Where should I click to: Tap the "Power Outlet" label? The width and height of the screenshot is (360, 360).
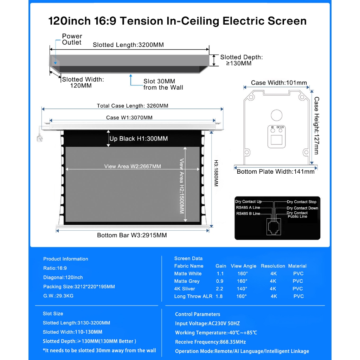[72, 39]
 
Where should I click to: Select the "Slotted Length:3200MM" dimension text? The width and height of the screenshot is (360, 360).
[128, 45]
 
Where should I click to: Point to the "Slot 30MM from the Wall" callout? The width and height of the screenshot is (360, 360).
[163, 84]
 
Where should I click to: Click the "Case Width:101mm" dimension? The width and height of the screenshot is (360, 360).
[279, 83]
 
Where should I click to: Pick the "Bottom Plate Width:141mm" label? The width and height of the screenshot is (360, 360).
[276, 172]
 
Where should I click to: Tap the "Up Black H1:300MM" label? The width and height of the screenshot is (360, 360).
[139, 139]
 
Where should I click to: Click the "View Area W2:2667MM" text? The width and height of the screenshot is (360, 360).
[133, 166]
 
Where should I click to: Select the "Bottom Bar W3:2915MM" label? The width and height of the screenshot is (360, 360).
[132, 235]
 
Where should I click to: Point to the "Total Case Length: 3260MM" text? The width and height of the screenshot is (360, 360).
[133, 106]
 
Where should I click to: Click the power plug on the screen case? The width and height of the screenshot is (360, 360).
[39, 136]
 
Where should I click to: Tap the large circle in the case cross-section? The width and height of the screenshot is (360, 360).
[277, 115]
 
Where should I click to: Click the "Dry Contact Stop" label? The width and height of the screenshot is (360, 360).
[302, 202]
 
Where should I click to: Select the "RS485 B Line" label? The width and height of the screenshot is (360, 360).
[248, 213]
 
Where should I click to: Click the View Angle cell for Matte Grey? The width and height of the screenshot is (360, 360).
[242, 281]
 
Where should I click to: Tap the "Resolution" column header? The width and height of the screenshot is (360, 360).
[273, 266]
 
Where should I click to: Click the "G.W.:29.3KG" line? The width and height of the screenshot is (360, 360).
[58, 296]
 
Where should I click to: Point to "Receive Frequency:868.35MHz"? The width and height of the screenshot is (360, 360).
[210, 342]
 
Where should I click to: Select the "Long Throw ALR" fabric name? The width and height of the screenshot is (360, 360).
[193, 296]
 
